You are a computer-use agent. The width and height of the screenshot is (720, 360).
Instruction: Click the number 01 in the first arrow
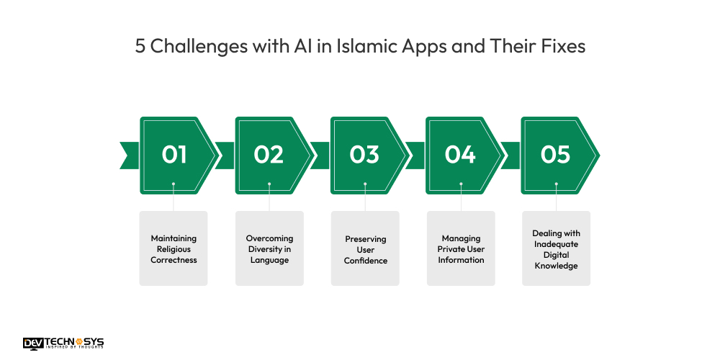(x=174, y=155)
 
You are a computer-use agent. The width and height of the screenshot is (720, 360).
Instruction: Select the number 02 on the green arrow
(x=269, y=155)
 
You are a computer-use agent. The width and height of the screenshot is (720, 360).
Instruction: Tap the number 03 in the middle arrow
(x=364, y=155)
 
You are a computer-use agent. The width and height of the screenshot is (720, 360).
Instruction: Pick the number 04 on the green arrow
(x=460, y=155)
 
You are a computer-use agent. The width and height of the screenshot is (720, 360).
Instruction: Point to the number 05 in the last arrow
(x=555, y=155)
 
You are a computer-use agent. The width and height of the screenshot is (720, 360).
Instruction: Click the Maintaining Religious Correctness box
(x=174, y=248)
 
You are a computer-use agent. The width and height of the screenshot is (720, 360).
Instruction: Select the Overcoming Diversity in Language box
(x=269, y=248)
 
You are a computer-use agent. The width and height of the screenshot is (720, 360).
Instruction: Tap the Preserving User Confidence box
(x=365, y=248)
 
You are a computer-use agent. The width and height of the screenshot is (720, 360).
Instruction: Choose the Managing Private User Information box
(x=461, y=248)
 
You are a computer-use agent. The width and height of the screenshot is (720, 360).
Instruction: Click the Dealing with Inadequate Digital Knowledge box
(x=556, y=248)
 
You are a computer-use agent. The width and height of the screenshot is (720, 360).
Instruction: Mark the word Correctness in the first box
(x=174, y=260)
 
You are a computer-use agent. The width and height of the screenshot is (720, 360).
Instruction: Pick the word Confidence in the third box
(x=365, y=260)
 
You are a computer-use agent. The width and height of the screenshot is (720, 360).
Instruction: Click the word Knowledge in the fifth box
(x=556, y=266)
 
